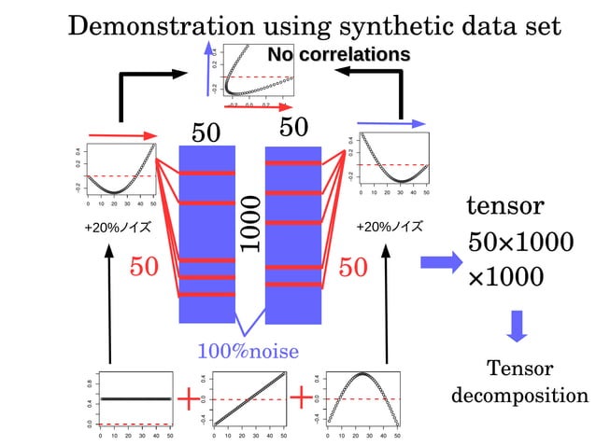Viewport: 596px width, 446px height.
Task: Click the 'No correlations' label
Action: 338,55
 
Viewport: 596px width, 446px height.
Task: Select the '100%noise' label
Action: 248,351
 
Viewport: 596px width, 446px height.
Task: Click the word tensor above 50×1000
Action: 504,205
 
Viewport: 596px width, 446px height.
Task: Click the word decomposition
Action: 519,395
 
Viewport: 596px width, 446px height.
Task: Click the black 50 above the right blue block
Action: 294,128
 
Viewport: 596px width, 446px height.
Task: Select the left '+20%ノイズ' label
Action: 116,227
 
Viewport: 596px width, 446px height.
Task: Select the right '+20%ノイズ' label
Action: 389,227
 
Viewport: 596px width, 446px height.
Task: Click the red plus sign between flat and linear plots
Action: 190,399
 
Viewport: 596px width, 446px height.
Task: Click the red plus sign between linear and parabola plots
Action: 301,399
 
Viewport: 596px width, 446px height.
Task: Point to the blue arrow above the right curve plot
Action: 391,122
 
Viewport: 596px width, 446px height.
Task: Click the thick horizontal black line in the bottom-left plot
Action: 135,398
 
